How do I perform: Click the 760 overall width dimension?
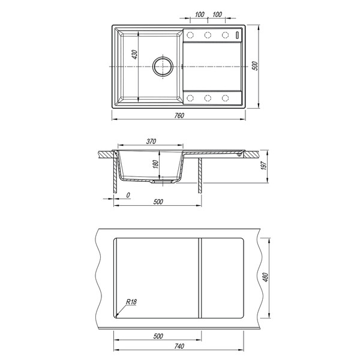(x=179, y=115)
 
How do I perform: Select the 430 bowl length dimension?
(x=135, y=55)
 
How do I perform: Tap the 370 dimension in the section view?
(x=151, y=142)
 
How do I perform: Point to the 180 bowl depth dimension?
(x=155, y=164)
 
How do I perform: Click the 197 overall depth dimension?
(x=264, y=166)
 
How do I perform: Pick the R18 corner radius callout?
(x=131, y=302)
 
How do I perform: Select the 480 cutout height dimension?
(x=265, y=277)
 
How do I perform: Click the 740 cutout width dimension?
(x=179, y=346)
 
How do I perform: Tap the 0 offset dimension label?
(x=128, y=195)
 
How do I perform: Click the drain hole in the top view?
(x=163, y=67)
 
